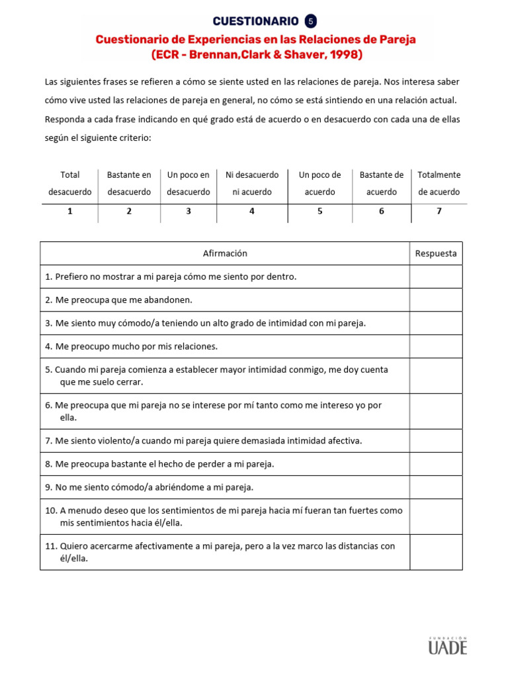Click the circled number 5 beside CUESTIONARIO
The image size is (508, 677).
(x=311, y=21)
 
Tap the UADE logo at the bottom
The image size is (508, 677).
(x=447, y=645)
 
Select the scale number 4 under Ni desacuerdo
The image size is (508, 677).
(x=252, y=212)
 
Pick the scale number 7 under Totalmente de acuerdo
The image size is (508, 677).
(x=439, y=212)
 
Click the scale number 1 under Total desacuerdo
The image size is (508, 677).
(x=69, y=212)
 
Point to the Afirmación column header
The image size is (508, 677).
(x=225, y=253)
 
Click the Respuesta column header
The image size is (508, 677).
(x=435, y=253)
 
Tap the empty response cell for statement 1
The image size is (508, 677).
(x=435, y=276)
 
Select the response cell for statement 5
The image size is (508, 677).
(x=435, y=376)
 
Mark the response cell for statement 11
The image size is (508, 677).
(x=435, y=552)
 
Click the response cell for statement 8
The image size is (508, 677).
(x=435, y=464)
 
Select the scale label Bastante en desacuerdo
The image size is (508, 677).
(x=129, y=183)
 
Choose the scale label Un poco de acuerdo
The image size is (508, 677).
(x=320, y=183)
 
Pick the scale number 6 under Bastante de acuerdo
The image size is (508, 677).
(x=382, y=212)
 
